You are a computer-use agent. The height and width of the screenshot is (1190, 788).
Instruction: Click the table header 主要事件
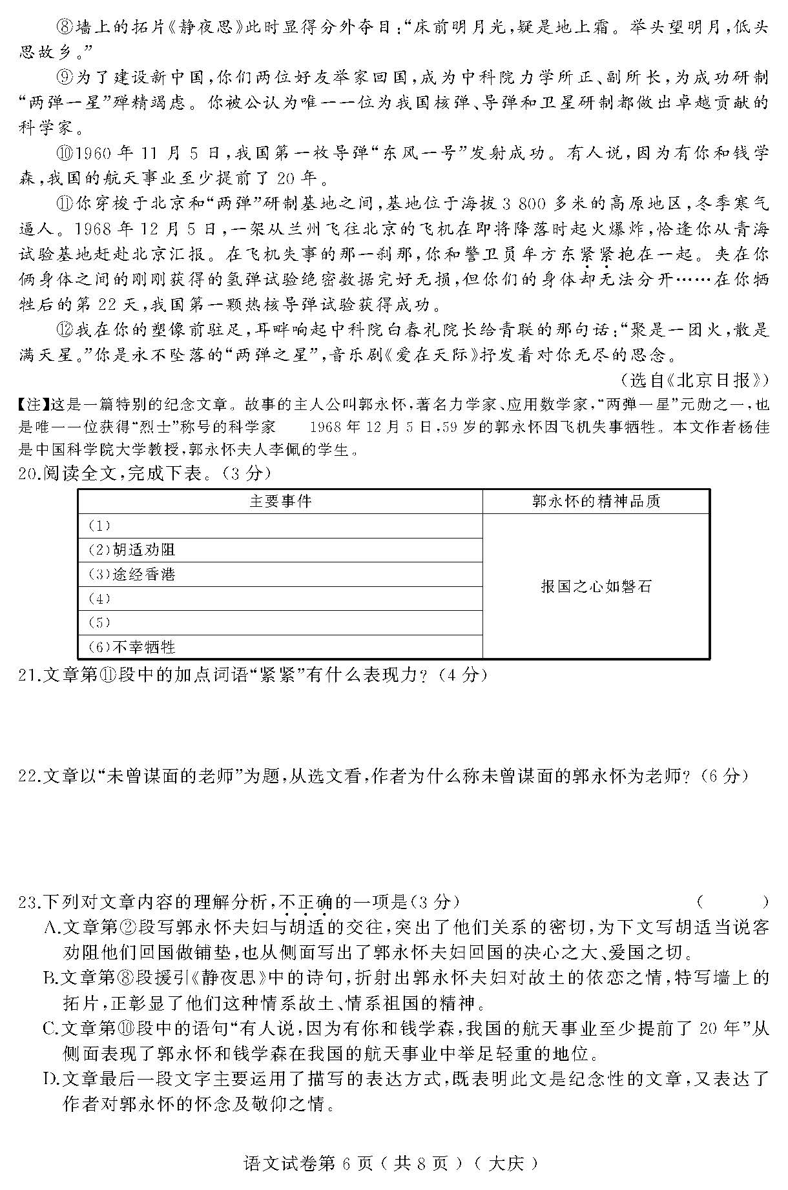[280, 501]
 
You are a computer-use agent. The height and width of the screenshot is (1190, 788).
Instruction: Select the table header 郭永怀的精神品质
[596, 501]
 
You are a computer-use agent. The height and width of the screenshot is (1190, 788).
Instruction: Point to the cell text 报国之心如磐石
[596, 586]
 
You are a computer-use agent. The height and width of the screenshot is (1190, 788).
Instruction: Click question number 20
[28, 474]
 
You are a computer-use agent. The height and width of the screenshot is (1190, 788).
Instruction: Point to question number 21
[28, 675]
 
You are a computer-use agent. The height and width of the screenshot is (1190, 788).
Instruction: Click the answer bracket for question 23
[732, 902]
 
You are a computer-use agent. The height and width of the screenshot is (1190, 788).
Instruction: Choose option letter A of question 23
[52, 928]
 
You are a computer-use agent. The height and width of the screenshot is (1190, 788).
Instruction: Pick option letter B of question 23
[52, 978]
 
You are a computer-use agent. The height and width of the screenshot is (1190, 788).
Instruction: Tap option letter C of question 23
[52, 1029]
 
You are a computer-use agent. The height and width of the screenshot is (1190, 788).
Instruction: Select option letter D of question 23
[52, 1079]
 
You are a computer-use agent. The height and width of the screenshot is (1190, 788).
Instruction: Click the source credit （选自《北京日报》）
[694, 380]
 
